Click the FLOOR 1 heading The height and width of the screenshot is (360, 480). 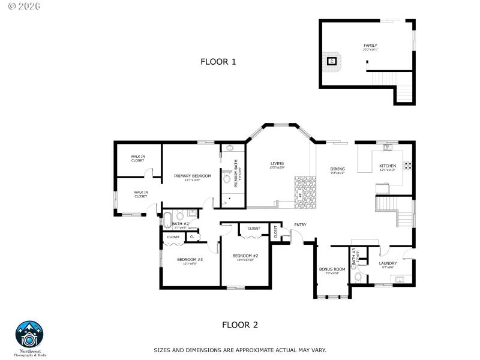(x=218, y=61)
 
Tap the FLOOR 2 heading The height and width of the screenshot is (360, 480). (x=240, y=325)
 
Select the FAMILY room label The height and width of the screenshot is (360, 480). (x=370, y=46)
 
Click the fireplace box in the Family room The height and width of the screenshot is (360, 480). (x=331, y=61)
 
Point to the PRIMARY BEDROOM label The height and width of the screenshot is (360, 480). (x=193, y=176)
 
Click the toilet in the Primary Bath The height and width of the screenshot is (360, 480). (x=227, y=178)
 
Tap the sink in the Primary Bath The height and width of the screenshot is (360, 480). (x=229, y=148)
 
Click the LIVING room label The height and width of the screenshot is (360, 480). (x=277, y=163)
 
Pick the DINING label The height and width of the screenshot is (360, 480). (x=337, y=169)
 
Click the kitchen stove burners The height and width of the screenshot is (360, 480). (x=407, y=164)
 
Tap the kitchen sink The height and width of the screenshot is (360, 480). (x=387, y=146)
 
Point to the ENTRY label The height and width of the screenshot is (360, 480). (x=300, y=225)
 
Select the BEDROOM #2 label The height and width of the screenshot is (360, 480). (x=245, y=256)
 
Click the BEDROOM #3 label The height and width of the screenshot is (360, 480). (x=189, y=259)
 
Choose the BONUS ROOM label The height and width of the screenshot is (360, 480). (x=332, y=269)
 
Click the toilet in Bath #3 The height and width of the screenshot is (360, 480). (x=358, y=277)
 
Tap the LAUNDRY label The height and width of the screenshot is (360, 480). (x=388, y=263)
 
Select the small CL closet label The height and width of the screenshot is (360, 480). (x=191, y=237)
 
